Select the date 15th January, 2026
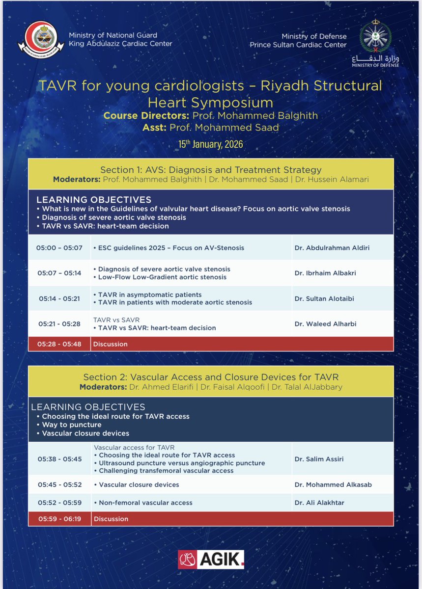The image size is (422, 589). coord(211,144)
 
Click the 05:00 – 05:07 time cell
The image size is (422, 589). coord(59,248)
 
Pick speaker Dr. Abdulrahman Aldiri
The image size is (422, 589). coord(332,248)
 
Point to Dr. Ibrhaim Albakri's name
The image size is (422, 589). coord(325,273)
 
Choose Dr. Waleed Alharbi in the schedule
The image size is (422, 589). coord(326,324)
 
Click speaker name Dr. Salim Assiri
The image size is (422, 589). coord(319,459)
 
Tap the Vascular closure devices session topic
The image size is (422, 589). coord(139,484)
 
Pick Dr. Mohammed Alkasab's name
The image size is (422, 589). coord(333,484)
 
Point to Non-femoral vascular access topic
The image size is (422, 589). coord(145,503)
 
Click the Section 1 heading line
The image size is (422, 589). coord(211,170)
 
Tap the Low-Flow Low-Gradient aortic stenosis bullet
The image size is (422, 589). coord(163,277)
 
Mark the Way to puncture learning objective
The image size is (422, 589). coord(72,425)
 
